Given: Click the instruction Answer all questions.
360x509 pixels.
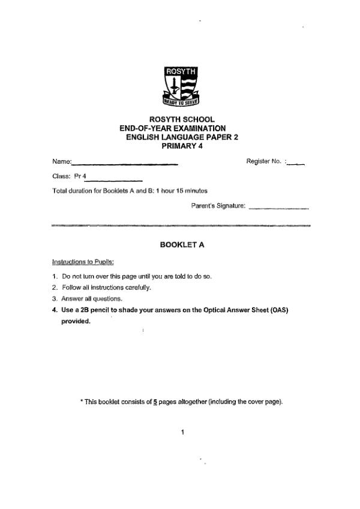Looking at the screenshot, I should tap(92, 298).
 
